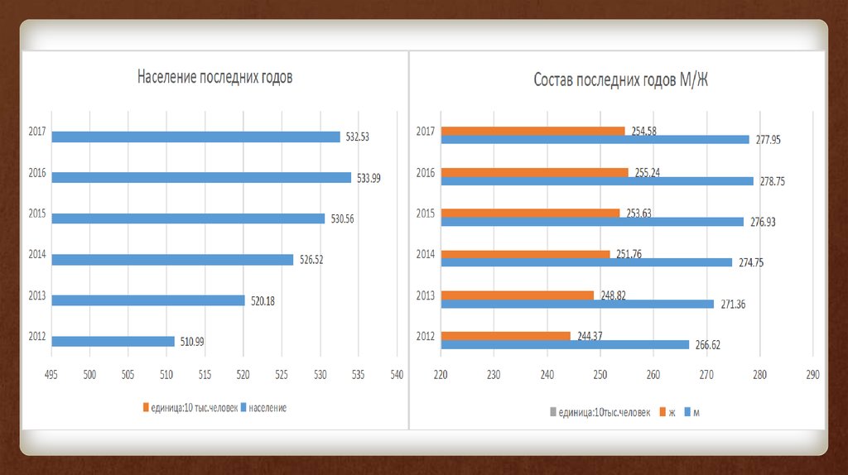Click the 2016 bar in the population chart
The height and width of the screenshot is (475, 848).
(x=201, y=177)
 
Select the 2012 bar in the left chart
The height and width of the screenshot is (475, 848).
(x=113, y=341)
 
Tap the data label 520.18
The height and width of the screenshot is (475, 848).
(x=263, y=300)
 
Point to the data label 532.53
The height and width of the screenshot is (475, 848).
(x=357, y=137)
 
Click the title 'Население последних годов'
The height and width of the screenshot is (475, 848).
(x=214, y=78)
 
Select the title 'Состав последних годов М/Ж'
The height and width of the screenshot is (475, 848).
(x=620, y=80)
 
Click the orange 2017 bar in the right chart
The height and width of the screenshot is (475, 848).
(x=532, y=131)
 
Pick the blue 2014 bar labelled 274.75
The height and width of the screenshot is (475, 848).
(x=586, y=262)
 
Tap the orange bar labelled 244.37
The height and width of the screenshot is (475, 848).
(x=505, y=335)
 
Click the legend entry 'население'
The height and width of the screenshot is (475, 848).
(x=267, y=408)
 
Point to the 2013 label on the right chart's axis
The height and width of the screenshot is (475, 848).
(x=426, y=296)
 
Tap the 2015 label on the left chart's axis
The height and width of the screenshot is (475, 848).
(x=36, y=214)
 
